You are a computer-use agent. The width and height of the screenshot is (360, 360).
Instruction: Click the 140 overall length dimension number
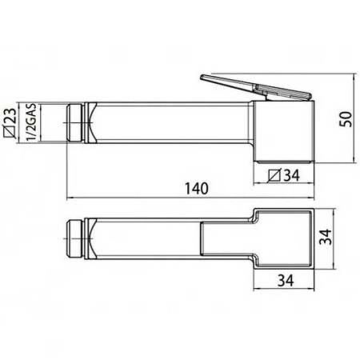197,188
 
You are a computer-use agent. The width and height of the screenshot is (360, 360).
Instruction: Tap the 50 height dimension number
346,119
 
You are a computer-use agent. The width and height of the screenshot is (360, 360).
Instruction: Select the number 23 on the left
10,115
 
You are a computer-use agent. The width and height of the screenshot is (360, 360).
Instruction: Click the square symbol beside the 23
10,131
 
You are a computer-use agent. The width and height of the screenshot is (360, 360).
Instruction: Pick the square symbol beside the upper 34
274,175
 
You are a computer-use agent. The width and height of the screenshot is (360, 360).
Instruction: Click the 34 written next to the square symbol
291,175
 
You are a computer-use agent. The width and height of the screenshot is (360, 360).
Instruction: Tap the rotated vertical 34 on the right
326,237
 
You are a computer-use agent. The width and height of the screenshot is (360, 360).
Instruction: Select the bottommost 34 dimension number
286,281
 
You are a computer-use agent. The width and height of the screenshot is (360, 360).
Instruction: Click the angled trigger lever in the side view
255,87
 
